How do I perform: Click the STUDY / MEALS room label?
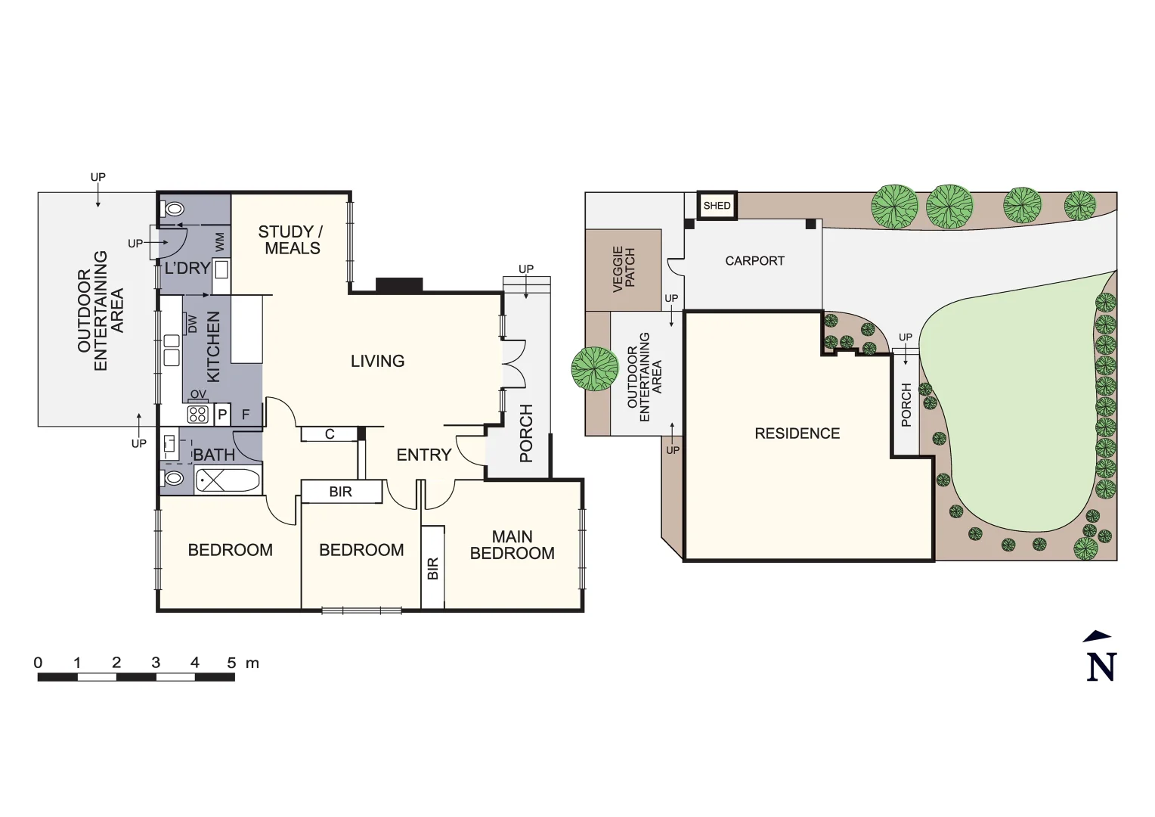[291, 240]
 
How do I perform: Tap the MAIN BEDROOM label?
[512, 545]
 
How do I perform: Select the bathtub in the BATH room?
[228, 480]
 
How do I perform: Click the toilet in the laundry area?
[175, 209]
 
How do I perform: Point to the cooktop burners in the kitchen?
[198, 414]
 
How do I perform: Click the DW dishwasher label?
[192, 324]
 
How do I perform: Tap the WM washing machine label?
[220, 242]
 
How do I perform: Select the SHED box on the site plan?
[717, 206]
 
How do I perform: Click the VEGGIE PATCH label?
[624, 269]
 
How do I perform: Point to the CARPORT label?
[754, 261]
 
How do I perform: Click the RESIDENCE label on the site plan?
[797, 433]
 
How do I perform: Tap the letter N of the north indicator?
[1101, 666]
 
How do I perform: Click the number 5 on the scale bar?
[231, 663]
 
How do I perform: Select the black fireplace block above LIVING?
[399, 285]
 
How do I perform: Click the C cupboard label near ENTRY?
[330, 434]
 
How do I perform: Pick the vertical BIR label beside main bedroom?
[432, 568]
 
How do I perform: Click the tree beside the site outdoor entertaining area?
[595, 368]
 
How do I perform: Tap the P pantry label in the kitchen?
[222, 415]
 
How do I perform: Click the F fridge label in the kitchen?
[246, 415]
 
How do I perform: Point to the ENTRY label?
[423, 455]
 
